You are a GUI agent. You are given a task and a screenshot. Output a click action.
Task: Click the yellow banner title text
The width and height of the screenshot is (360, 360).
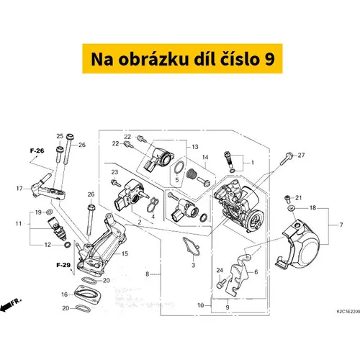183,59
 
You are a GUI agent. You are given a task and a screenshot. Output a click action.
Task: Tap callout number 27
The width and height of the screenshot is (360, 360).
301,156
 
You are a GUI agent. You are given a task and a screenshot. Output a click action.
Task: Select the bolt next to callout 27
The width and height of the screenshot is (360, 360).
286,158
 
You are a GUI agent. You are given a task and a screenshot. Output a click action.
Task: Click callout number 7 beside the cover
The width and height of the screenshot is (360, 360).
341,225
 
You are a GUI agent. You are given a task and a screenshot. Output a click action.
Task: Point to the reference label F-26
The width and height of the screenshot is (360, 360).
37,150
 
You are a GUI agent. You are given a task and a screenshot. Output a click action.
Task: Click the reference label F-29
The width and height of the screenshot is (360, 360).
63,265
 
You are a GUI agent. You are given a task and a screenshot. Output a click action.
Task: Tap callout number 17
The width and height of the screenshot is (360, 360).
19,189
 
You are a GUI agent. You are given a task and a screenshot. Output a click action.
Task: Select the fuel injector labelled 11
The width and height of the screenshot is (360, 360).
57,229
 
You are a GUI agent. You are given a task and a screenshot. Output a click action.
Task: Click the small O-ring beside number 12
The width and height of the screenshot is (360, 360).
68,245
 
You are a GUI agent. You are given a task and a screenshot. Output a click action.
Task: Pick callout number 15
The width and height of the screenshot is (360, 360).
125,253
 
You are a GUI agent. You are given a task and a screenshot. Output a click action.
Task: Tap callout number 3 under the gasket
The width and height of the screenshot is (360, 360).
194,265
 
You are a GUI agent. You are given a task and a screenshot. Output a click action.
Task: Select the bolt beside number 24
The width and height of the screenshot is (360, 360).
221,283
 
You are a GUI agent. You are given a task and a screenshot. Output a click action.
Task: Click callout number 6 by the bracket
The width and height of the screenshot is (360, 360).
256,271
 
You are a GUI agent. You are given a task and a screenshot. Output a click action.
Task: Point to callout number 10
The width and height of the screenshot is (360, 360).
201,305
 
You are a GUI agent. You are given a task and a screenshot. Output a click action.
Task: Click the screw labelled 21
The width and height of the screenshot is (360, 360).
287,199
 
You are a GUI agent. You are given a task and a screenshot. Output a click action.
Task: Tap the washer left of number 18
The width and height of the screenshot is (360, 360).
292,207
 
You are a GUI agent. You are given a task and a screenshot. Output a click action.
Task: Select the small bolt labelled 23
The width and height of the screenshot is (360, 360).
116,184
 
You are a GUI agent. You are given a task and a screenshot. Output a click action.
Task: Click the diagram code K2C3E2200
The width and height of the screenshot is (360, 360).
348,311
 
